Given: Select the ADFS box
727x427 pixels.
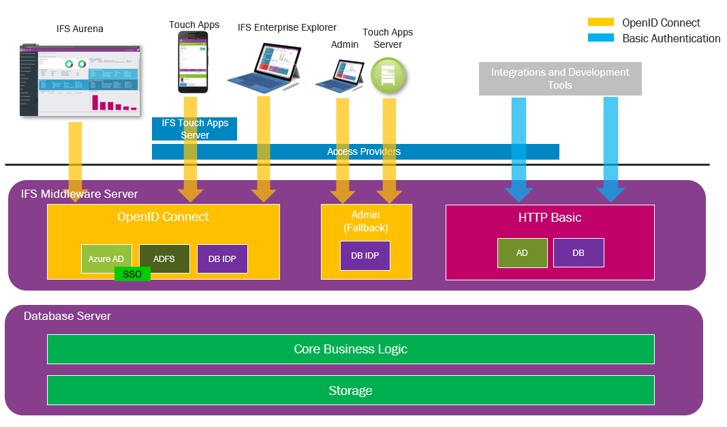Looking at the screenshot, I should pos(164,259).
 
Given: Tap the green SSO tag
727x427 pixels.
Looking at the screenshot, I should pos(132,274).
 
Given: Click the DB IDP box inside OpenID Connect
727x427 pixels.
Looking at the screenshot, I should pos(222,259).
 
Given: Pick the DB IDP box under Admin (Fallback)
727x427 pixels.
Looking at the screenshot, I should pos(365,256).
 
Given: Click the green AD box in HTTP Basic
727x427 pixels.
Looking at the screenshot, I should pos(522,252).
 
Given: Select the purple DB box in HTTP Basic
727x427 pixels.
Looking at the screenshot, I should pos(578,252).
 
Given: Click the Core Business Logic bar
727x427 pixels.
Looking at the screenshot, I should pos(350,349).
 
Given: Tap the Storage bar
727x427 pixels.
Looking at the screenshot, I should pos(350,390).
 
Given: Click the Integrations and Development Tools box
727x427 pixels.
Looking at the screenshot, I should pos(560,78).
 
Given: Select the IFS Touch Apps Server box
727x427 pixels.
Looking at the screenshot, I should pos(194,129).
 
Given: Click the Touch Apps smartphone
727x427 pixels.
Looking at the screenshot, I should pos(193,62).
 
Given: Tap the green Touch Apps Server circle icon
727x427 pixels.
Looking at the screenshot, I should pos(388,75).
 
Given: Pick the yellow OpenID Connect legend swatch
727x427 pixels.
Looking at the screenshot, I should pos(600,23).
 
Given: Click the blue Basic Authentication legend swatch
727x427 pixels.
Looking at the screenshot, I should pos(600,38).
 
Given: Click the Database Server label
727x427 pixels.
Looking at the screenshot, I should pos(67,316).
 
